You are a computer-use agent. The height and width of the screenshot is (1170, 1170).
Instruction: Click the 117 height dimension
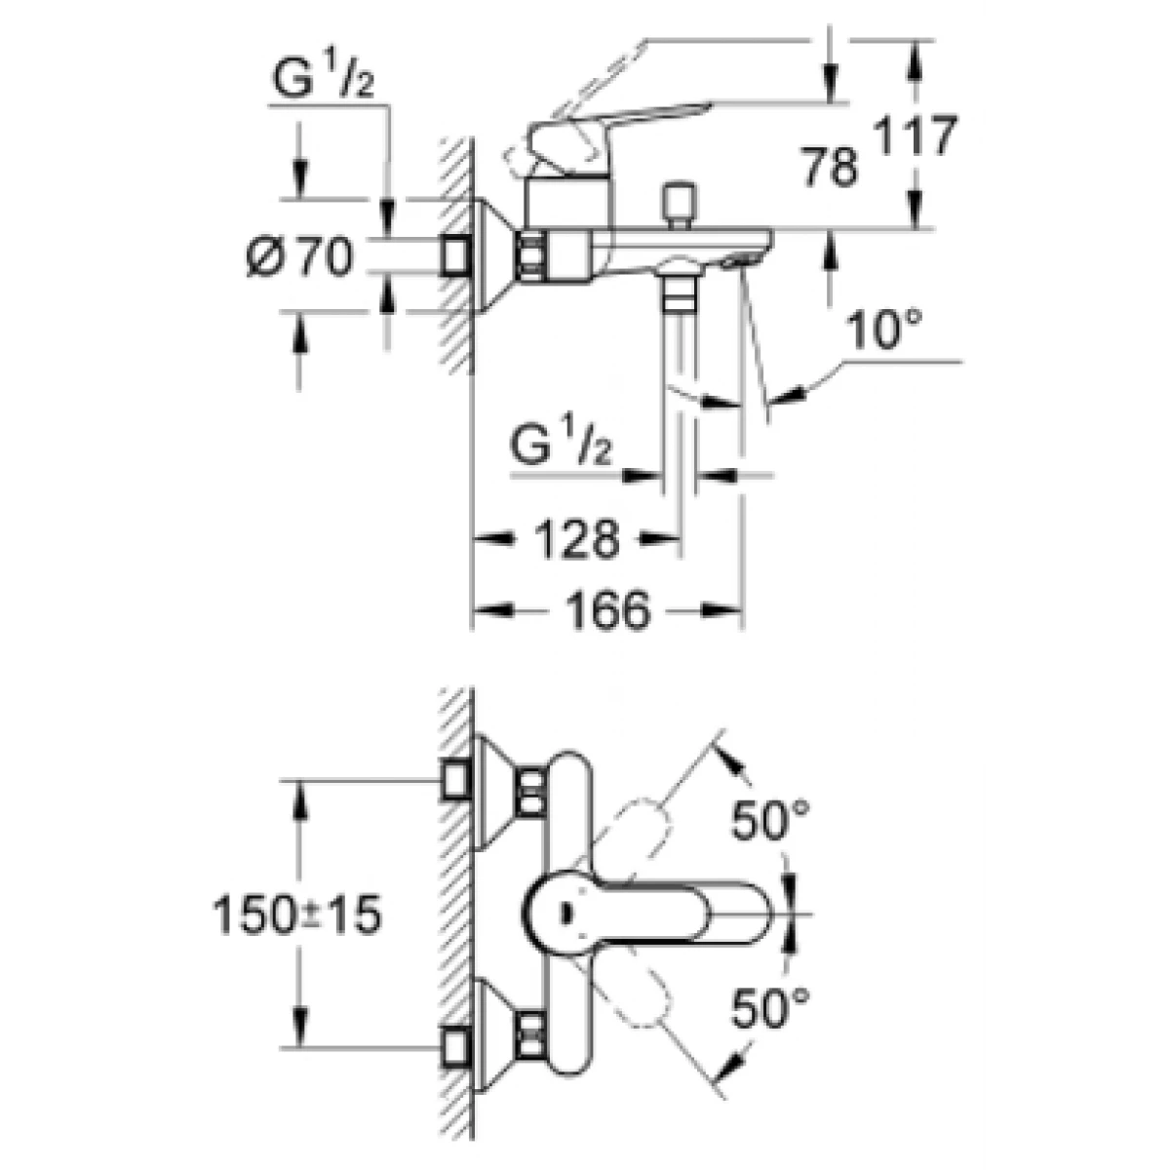click(x=915, y=136)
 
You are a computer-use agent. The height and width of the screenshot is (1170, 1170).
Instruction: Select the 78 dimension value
click(x=831, y=167)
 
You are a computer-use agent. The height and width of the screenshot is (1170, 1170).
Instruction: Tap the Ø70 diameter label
click(x=299, y=256)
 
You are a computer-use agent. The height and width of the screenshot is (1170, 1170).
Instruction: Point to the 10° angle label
click(x=883, y=330)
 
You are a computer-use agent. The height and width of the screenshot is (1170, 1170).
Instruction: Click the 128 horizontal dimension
click(x=577, y=538)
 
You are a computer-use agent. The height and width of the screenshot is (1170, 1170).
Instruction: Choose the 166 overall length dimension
click(x=607, y=610)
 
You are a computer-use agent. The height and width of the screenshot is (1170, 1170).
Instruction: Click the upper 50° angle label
click(x=770, y=820)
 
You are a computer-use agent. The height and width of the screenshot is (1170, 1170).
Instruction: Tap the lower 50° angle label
click(x=770, y=1008)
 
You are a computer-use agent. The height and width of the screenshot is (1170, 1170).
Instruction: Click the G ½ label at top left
click(x=323, y=78)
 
